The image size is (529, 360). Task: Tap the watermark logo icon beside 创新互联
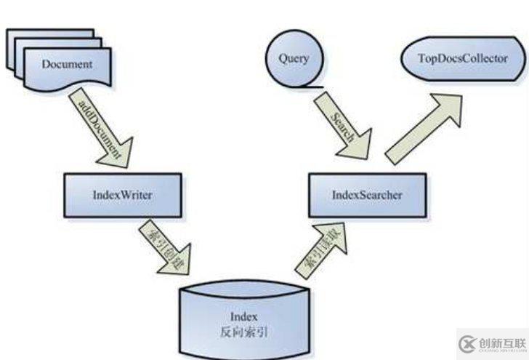pos(467,343)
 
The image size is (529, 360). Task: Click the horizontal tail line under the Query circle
pos(312,85)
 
